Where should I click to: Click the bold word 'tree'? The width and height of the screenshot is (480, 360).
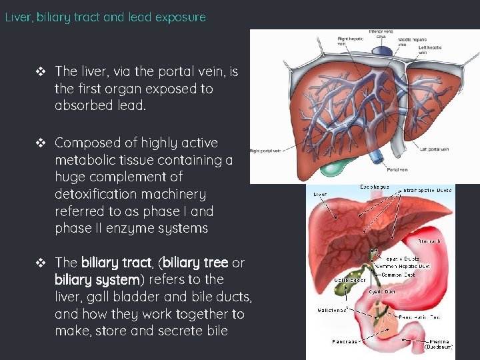(x=210, y=263)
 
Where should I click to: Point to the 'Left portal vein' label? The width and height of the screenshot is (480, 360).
(x=439, y=149)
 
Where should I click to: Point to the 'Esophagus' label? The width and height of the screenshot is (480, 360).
(x=375, y=187)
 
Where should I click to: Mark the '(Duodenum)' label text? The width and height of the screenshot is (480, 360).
(x=439, y=347)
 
